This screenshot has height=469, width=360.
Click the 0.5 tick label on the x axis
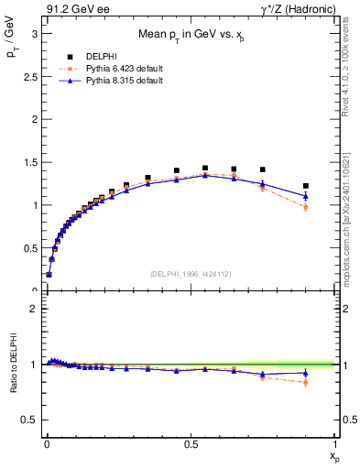(190, 442)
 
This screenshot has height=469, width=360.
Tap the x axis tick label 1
(335, 442)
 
